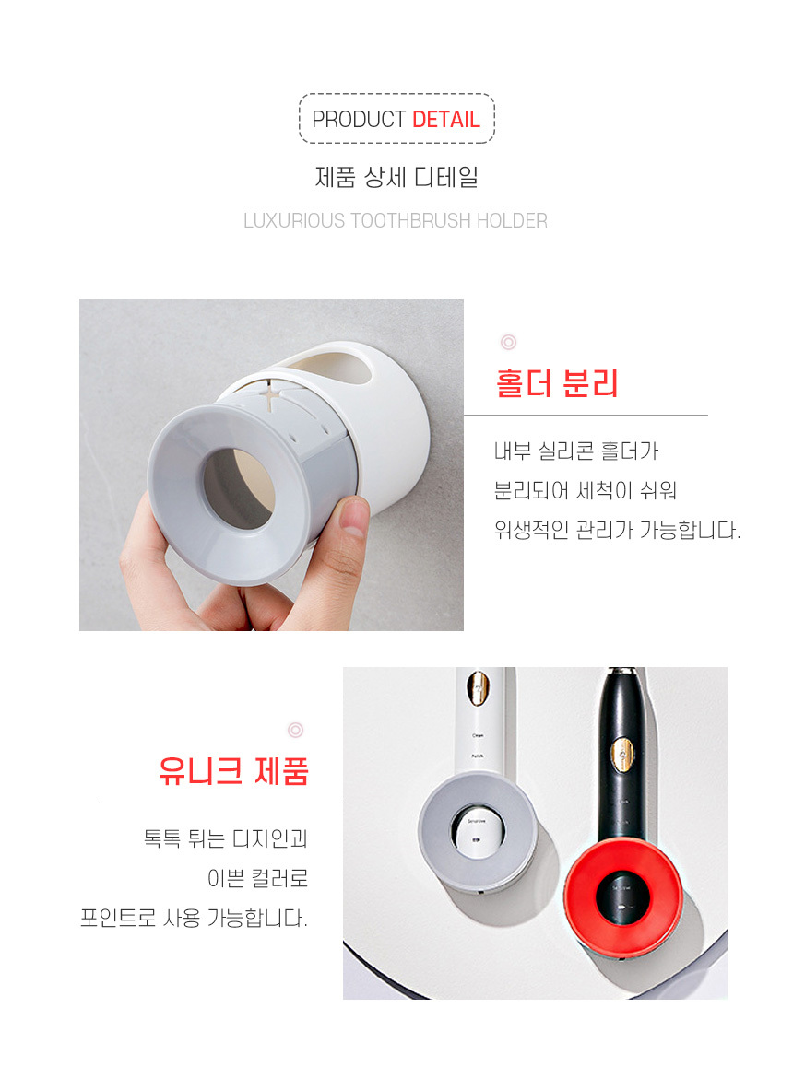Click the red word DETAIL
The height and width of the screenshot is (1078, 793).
(x=445, y=119)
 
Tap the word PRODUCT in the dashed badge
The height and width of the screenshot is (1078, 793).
(x=359, y=119)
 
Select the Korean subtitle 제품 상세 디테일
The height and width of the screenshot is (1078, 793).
(x=396, y=178)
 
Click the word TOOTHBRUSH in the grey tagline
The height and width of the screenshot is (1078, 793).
(x=410, y=221)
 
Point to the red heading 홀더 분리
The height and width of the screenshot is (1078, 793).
(x=557, y=383)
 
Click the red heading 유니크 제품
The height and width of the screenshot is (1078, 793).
(x=234, y=770)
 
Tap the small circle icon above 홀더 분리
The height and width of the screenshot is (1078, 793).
(x=508, y=342)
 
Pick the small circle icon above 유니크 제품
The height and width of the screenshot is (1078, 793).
(x=296, y=730)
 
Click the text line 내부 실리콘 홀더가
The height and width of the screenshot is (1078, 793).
(x=576, y=451)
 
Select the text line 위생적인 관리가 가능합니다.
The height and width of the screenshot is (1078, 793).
(x=617, y=530)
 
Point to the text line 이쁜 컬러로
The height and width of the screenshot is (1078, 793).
(x=258, y=879)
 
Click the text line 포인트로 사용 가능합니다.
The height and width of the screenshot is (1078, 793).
(x=194, y=918)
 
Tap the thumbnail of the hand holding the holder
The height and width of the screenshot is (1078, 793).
(x=272, y=464)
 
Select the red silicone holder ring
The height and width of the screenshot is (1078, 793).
(x=623, y=894)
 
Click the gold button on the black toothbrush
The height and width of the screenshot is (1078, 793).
(x=623, y=756)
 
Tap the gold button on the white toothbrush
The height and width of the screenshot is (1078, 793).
(x=478, y=688)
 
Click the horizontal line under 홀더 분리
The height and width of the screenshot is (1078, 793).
(x=586, y=416)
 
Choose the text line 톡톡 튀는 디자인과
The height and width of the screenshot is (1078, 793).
(x=226, y=838)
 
